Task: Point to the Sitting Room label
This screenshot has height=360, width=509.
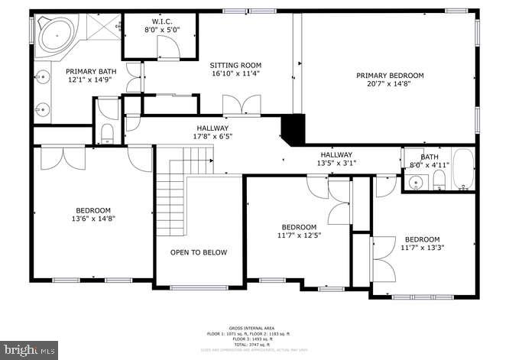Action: (236, 66)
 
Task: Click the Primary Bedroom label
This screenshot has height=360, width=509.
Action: (390, 75)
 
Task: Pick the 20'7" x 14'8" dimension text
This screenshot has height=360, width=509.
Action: (390, 85)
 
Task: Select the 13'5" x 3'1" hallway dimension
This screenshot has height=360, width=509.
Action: (336, 163)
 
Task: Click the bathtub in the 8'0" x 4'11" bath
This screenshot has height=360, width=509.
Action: (462, 170)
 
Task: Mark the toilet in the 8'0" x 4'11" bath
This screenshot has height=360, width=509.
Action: (439, 180)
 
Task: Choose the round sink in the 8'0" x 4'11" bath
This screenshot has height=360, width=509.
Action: (415, 182)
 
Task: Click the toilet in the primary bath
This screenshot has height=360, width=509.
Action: (106, 135)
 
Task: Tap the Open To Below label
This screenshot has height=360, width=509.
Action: (198, 252)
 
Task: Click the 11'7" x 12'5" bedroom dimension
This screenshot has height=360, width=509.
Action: (299, 235)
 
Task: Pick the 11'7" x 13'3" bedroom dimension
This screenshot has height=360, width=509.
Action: (422, 248)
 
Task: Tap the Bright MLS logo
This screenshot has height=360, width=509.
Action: (29, 349)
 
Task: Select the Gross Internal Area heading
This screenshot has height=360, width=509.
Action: (253, 327)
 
